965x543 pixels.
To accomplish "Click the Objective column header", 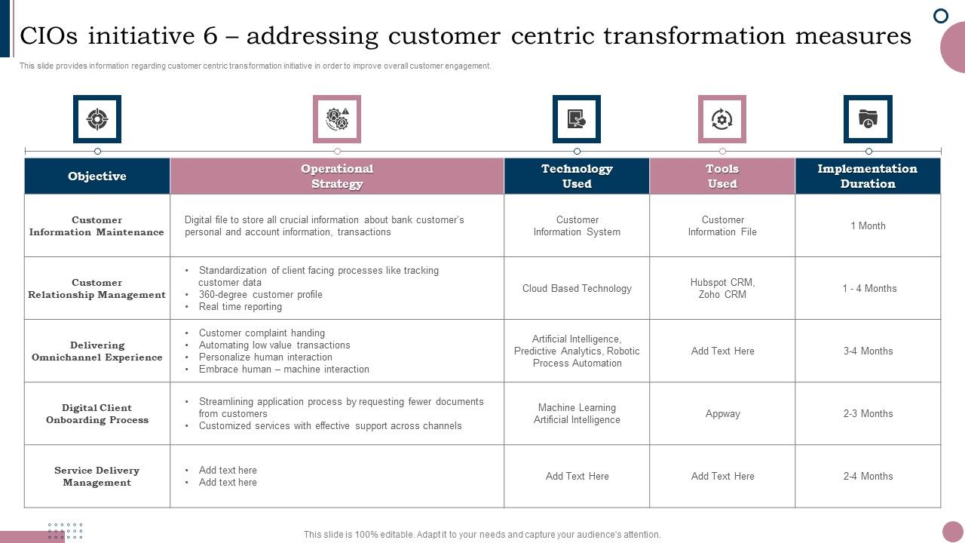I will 97,176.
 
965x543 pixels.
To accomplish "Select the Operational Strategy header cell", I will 337,176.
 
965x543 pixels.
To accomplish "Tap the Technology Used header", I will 577,176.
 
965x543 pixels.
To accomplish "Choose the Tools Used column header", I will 722,176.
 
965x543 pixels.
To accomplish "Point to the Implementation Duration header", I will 868,176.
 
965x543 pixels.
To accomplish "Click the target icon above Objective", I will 97,119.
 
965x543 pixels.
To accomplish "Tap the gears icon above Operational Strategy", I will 337,119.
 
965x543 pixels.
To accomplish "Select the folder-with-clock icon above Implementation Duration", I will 868,119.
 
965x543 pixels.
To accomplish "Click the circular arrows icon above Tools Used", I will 722,119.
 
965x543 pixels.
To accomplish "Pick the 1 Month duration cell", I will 868,226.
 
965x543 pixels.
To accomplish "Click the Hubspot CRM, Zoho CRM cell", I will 722,288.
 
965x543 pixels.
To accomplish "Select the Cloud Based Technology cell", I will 577,289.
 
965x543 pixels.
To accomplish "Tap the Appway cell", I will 722,414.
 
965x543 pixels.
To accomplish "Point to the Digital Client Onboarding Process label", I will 97,414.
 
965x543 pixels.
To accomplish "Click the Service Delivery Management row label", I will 97,477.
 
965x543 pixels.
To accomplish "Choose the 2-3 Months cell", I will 868,414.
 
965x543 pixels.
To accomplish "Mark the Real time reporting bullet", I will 240,307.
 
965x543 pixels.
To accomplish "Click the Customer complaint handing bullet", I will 262,333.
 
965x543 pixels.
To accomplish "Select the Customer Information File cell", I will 722,226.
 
